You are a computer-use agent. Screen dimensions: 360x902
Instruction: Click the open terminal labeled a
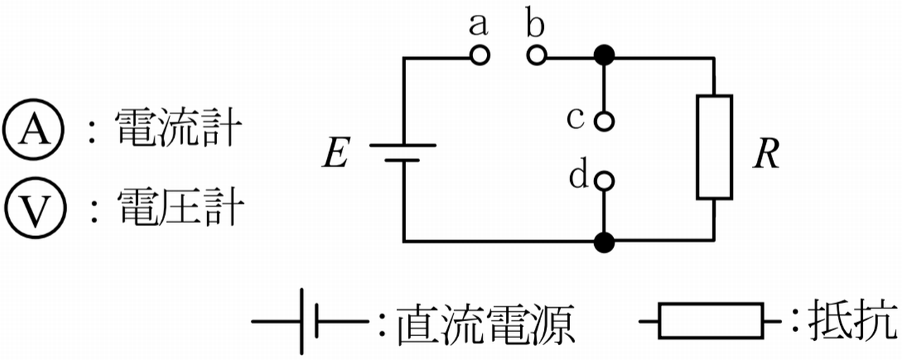480,56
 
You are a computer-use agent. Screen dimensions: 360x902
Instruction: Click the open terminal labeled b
536,56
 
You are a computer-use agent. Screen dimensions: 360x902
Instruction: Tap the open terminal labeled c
604,121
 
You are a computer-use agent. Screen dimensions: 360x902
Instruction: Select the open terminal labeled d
604,182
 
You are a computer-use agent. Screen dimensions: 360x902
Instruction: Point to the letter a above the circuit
478,26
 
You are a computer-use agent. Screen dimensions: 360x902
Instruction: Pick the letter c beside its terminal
576,119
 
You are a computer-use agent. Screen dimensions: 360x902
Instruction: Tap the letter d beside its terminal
578,177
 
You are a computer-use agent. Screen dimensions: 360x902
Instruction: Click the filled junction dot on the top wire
604,55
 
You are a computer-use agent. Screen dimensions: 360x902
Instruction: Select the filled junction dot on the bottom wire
604,242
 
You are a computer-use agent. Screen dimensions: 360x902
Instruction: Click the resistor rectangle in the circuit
715,147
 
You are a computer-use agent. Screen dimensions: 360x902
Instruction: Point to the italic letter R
765,156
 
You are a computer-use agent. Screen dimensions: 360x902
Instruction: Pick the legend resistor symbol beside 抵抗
711,321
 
